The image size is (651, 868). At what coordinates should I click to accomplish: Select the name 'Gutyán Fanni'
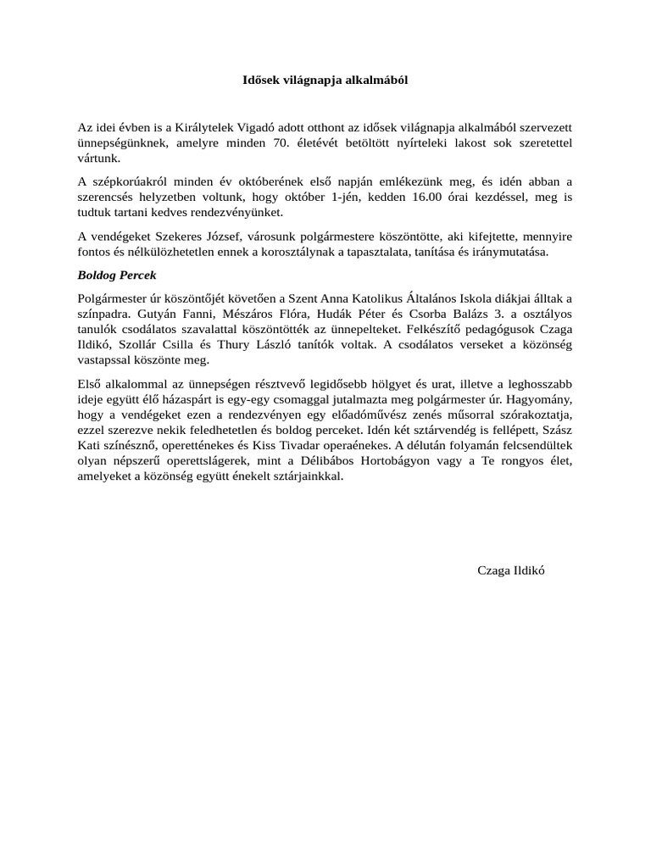[172, 314]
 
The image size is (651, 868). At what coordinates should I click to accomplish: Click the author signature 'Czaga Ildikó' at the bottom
[511, 570]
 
